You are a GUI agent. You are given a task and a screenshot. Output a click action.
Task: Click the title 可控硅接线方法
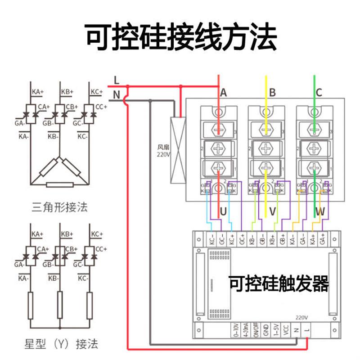(180, 37)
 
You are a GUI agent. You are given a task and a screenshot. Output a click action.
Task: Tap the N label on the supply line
(117, 94)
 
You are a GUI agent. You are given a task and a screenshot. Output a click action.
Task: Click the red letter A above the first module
(223, 93)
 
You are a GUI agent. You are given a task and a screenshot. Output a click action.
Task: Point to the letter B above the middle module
(272, 93)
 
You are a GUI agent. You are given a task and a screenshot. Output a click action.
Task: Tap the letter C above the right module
(319, 93)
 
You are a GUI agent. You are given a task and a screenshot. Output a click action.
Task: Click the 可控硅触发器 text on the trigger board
(279, 284)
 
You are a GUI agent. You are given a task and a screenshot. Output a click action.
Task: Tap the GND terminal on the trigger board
(265, 329)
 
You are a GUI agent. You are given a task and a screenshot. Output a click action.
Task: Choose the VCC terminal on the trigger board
(286, 329)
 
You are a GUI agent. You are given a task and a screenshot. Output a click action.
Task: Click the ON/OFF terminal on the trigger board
(255, 329)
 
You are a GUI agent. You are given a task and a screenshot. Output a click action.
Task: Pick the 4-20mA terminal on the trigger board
(245, 329)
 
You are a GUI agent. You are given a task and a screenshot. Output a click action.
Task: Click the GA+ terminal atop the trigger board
(322, 238)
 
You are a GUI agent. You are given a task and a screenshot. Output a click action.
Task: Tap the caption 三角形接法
(60, 207)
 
